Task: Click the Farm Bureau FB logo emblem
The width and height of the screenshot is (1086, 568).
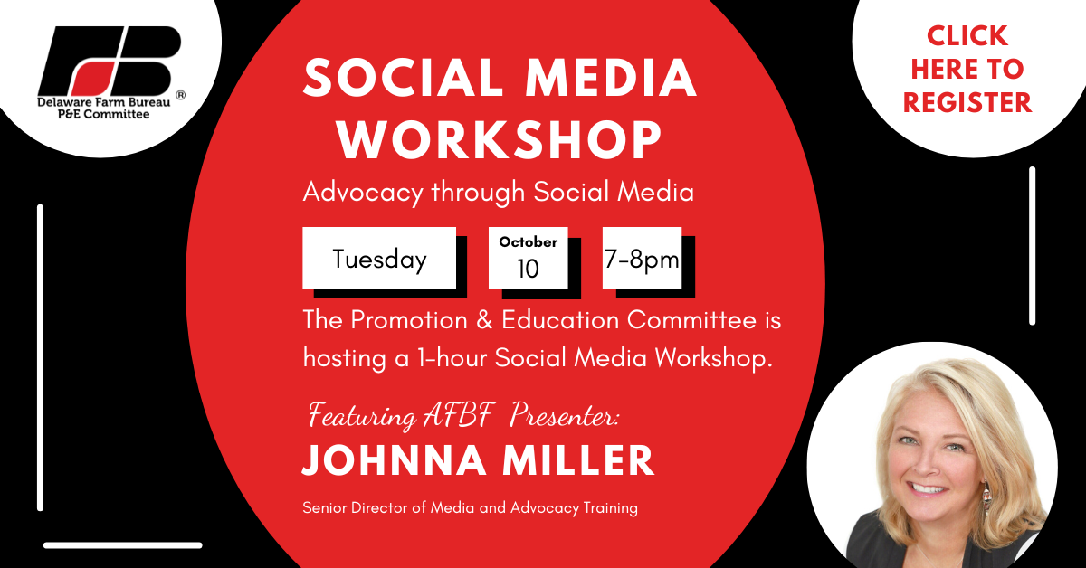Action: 110,62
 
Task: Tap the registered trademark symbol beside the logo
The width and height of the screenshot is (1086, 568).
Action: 180,95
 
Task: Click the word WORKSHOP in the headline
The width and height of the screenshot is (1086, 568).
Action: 500,139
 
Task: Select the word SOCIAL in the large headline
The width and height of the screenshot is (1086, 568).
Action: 404,78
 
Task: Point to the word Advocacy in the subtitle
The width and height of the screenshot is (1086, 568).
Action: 363,193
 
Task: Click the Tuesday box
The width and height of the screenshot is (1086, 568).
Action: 379,258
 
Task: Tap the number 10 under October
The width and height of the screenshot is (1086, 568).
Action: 528,269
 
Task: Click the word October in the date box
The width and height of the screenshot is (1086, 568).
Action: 528,241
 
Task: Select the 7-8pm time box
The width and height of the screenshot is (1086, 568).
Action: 642,258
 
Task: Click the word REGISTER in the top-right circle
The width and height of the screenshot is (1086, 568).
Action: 967,102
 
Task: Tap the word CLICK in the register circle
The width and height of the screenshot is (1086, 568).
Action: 967,36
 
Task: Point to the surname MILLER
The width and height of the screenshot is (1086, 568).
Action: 578,460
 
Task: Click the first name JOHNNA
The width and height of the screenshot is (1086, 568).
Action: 395,460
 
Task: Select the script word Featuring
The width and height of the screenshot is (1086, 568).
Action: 362,416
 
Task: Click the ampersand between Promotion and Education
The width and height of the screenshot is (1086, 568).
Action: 484,320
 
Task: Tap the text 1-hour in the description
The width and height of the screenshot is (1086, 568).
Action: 452,358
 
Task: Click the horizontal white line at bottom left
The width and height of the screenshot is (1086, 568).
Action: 123,545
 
